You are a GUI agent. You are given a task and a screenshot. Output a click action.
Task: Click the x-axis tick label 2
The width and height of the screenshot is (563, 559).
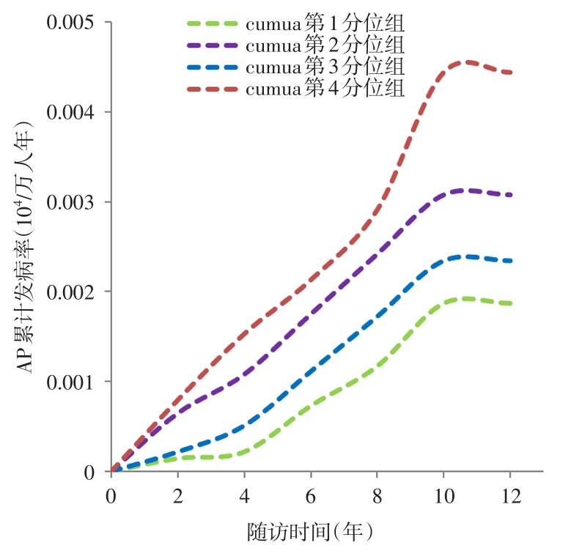177,496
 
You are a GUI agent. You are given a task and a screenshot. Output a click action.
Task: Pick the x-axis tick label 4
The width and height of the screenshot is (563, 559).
244,496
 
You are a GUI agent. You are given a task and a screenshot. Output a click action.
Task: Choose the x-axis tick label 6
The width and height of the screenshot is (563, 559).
311,496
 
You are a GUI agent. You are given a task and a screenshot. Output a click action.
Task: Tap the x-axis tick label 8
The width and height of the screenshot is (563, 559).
377,496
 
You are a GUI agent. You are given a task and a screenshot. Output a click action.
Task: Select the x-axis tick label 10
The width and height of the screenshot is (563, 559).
443,496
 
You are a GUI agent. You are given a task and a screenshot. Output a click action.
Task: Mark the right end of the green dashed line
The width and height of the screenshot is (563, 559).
511,303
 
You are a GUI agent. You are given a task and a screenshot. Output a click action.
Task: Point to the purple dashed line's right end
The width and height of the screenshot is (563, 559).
511,195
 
